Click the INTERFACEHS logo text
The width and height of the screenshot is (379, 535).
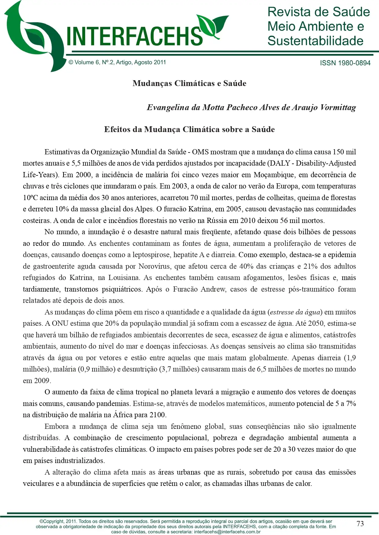[134, 36]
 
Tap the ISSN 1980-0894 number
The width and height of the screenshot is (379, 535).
[345, 63]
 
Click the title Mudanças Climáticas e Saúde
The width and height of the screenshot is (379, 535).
[189, 83]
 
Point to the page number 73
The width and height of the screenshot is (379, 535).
[360, 523]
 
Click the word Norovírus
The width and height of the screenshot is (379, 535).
[155, 266]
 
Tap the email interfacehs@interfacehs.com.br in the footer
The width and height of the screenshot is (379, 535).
[227, 532]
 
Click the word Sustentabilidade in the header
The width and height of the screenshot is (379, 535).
[315, 41]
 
